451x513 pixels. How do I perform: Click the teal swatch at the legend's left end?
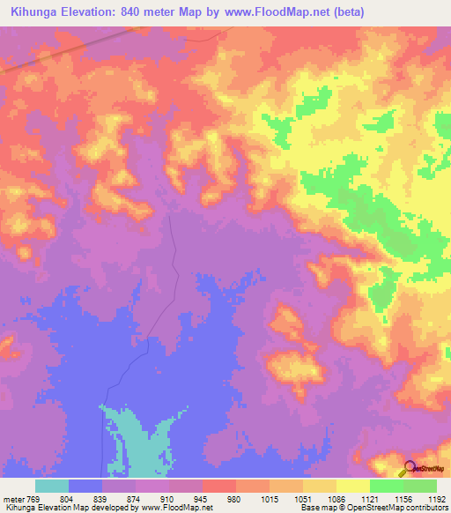tap(52, 486)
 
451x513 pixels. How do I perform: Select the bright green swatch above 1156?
tap(386, 486)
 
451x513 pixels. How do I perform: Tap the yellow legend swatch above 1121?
tap(353, 486)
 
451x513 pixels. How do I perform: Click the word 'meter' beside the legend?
tap(16, 499)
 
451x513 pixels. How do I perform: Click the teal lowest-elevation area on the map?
tap(132, 441)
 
